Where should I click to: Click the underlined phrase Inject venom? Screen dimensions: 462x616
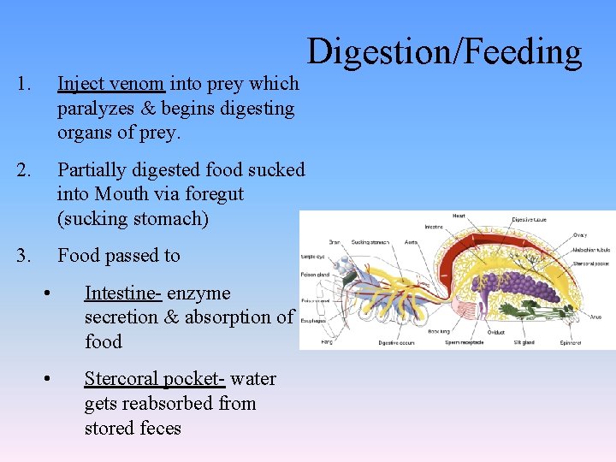[110, 84]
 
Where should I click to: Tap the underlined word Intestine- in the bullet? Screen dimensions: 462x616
[122, 293]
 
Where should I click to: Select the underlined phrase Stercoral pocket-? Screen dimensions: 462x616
[155, 379]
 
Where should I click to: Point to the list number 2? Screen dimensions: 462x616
[23, 169]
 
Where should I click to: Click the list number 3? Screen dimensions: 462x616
[23, 255]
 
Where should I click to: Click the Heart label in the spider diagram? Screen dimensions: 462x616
[459, 216]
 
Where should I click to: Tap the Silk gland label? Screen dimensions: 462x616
[524, 342]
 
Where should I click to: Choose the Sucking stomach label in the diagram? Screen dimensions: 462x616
[369, 242]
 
